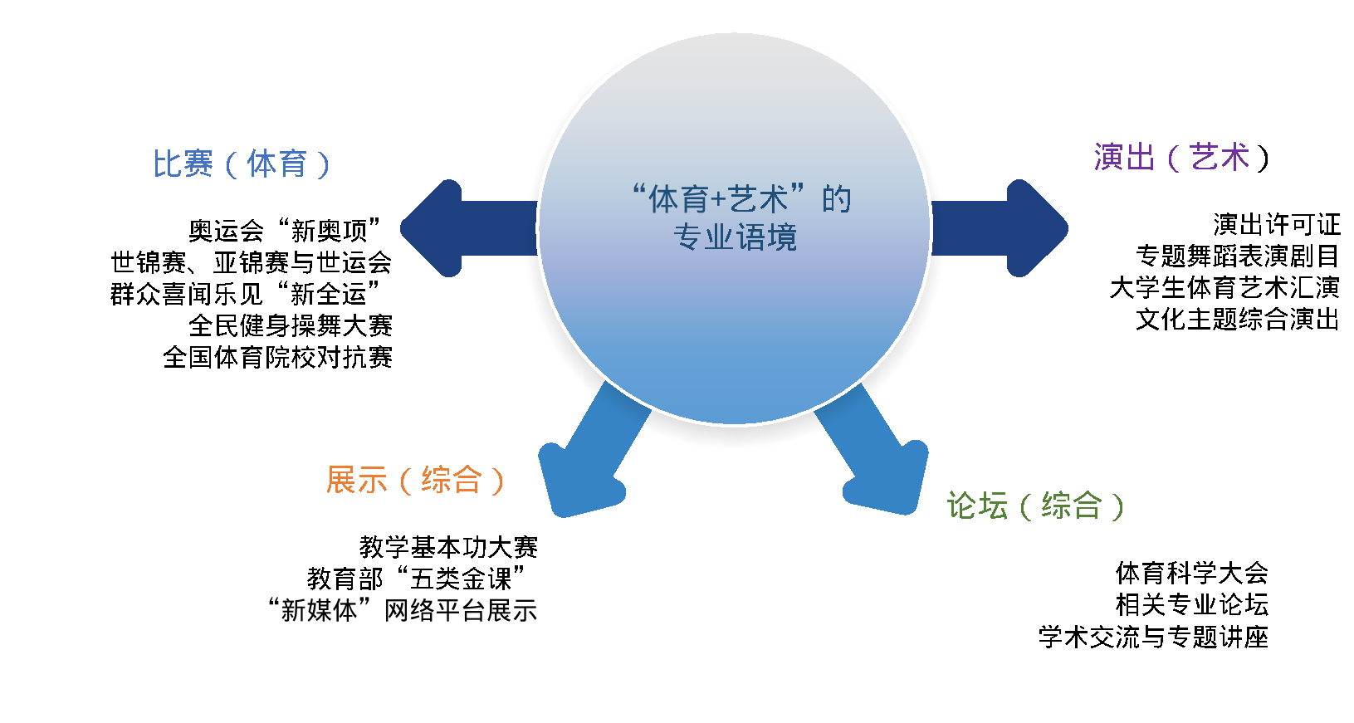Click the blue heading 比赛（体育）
[242, 164]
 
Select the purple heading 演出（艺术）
[1181, 157]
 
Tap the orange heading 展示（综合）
[415, 480]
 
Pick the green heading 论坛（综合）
[1035, 506]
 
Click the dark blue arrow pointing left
[468, 228]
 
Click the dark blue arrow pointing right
[1000, 228]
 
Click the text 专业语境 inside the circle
[735, 237]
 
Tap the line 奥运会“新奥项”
[284, 230]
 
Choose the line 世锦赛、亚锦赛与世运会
[252, 262]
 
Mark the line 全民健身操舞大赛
[291, 326]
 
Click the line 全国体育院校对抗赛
[277, 357]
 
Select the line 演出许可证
[1277, 224]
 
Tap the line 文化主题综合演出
[1237, 320]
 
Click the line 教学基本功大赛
[448, 547]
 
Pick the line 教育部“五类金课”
[416, 579]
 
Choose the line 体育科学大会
[1191, 573]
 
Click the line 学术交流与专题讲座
[1153, 637]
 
